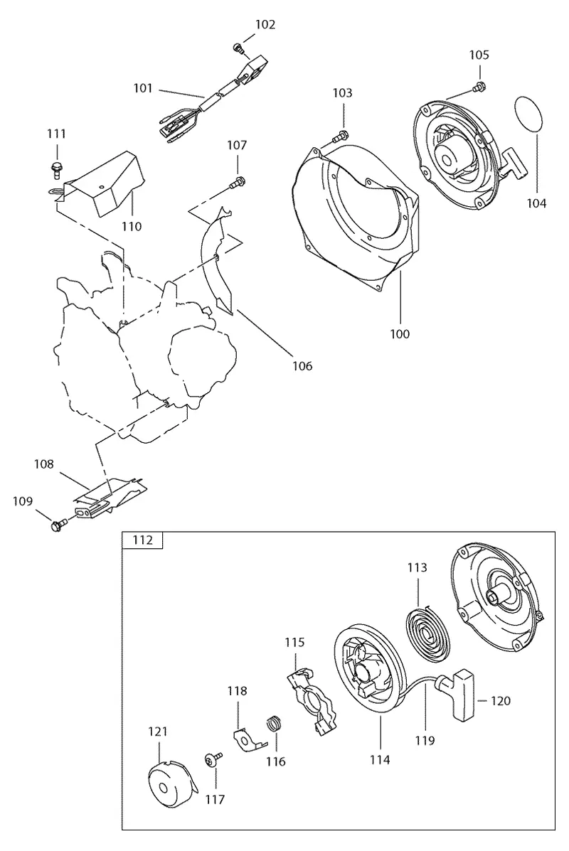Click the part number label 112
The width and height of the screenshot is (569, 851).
click(142, 540)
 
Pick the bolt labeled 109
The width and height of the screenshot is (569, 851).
click(58, 525)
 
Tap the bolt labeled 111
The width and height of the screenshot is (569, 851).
click(55, 168)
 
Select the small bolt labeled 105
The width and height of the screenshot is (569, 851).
click(479, 86)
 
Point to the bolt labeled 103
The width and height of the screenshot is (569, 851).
click(341, 134)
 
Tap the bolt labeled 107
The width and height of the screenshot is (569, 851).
click(238, 182)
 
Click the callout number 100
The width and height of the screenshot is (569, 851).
click(400, 333)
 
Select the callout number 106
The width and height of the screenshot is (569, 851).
click(302, 366)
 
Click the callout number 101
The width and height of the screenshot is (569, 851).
click(144, 88)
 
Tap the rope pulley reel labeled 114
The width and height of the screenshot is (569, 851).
click(369, 672)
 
